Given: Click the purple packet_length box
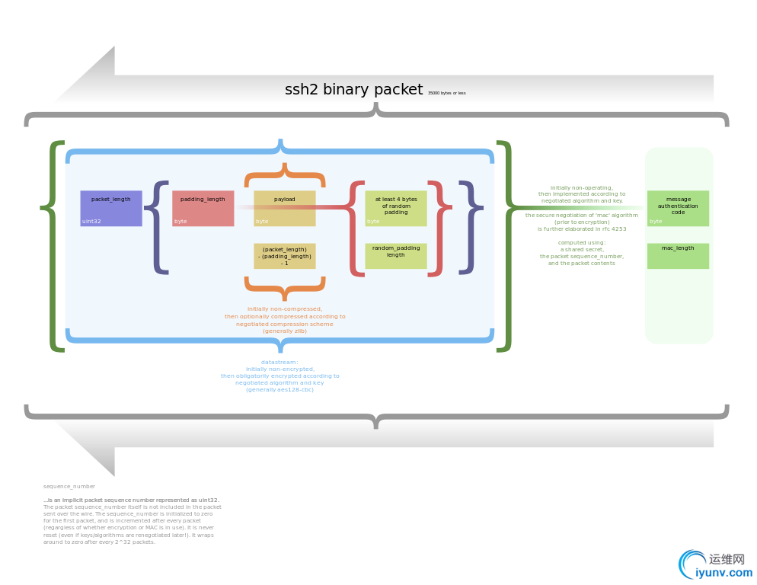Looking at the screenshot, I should pos(111,208).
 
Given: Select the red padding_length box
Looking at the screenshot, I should pos(203,208).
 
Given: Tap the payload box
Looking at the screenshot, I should pos(285,208).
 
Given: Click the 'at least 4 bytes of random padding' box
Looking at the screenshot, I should pos(396,208).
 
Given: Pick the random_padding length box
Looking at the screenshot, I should pos(396,255).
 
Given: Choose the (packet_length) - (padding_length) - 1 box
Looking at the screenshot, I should pos(285,255).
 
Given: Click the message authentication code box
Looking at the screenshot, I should pos(678,208).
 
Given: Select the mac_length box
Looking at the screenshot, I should pos(678,255).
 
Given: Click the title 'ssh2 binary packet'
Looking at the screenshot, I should pos(353,89).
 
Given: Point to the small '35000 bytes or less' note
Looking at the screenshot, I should pos(446,93).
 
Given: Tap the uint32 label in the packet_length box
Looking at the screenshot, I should pos(91,222).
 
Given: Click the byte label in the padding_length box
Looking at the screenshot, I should pos(180,222).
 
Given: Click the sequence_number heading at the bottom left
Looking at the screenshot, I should pos(69,485).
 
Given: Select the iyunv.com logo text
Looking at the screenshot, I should pos(723,573).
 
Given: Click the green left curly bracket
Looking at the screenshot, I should pos(53,246).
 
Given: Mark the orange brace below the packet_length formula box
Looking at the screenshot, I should pos(284,288).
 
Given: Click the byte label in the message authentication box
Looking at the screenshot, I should pos(656,222).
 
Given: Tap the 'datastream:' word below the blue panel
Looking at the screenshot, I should pos(279,362).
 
